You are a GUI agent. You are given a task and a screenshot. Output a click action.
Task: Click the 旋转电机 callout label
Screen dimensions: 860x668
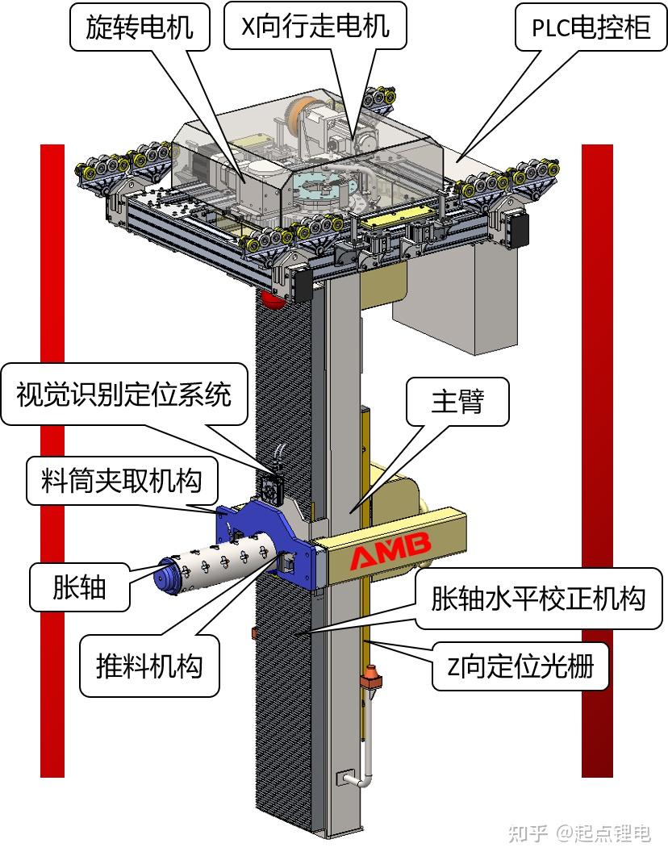click(140, 27)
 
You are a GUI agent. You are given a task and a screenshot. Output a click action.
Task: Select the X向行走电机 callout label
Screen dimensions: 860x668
click(315, 27)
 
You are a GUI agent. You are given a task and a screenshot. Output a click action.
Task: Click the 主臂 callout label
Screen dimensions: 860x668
click(457, 400)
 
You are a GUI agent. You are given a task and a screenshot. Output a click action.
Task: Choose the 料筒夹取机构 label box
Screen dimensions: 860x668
click(121, 481)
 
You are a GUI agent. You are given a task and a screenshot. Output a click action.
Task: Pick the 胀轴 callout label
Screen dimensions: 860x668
click(79, 587)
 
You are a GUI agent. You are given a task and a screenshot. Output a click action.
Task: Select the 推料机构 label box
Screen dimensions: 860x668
click(149, 667)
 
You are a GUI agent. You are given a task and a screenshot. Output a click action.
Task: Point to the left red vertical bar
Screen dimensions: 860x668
click(52, 460)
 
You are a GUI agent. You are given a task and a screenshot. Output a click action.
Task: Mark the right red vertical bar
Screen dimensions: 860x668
click(597, 460)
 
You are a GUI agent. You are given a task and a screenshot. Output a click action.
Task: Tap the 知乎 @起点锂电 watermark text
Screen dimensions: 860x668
click(578, 833)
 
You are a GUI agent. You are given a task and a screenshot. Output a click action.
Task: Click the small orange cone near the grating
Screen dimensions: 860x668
click(371, 672)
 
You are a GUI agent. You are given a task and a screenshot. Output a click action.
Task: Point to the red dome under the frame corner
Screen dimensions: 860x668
click(272, 300)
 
